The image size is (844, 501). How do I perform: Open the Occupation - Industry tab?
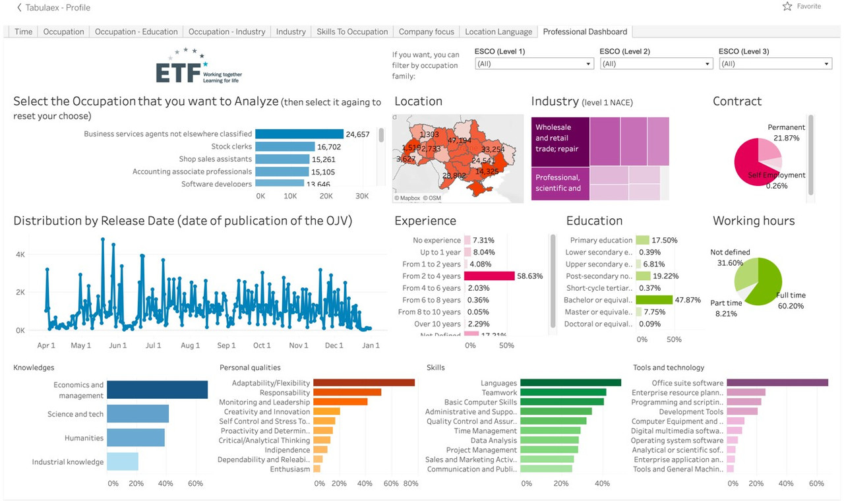pyautogui.click(x=227, y=32)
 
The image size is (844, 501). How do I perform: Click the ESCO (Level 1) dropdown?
pyautogui.click(x=534, y=64)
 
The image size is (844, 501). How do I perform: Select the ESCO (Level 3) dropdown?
pyautogui.click(x=775, y=64)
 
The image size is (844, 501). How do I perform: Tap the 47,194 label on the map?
pyautogui.click(x=459, y=140)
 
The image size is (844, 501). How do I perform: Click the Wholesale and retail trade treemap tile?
pyautogui.click(x=560, y=141)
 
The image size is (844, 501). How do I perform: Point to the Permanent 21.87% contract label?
pyautogui.click(x=786, y=133)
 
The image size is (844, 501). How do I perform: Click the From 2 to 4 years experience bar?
pyautogui.click(x=489, y=276)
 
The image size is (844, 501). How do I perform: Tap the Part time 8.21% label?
pyautogui.click(x=726, y=308)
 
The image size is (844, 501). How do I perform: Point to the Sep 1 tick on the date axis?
pyautogui.click(x=226, y=345)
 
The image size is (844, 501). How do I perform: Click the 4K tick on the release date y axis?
pyautogui.click(x=20, y=254)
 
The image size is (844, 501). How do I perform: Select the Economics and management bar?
pyautogui.click(x=157, y=390)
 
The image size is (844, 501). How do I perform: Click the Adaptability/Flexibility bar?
pyautogui.click(x=363, y=383)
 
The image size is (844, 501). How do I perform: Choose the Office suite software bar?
pyautogui.click(x=777, y=383)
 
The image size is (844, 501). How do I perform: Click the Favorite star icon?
pyautogui.click(x=787, y=7)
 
